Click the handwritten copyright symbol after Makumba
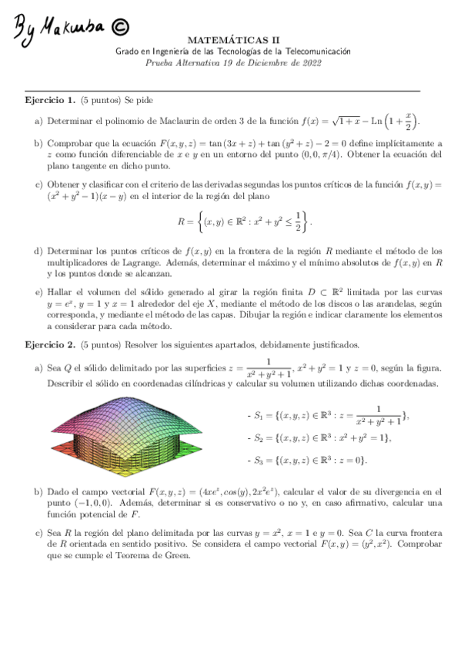coord(120,27)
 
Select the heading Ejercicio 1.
coord(50,101)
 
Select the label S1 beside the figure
coord(259,416)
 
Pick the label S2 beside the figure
coord(259,438)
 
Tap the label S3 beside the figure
coord(259,461)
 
